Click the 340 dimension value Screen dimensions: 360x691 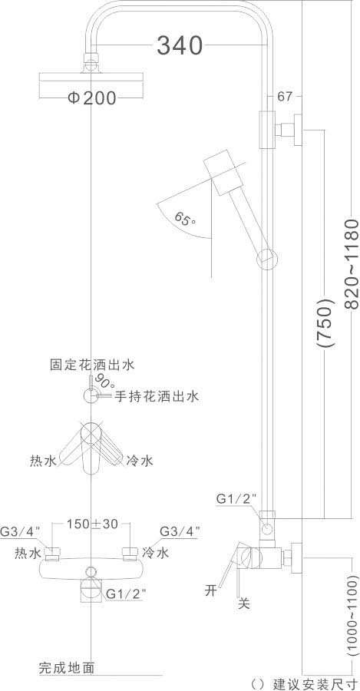point(180,46)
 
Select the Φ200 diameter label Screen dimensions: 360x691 point(92,98)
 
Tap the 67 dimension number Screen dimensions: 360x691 point(285,96)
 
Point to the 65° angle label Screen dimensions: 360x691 point(186,218)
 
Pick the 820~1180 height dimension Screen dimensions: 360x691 point(352,263)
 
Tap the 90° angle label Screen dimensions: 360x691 point(103,382)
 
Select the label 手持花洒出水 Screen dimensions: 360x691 point(157,397)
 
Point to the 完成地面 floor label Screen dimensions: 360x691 point(67,668)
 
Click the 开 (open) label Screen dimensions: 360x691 point(211,590)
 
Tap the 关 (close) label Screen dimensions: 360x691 point(243,603)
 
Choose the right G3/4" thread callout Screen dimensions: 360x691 point(180,531)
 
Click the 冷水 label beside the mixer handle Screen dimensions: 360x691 point(140,461)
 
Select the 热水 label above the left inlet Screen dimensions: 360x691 point(28,553)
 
